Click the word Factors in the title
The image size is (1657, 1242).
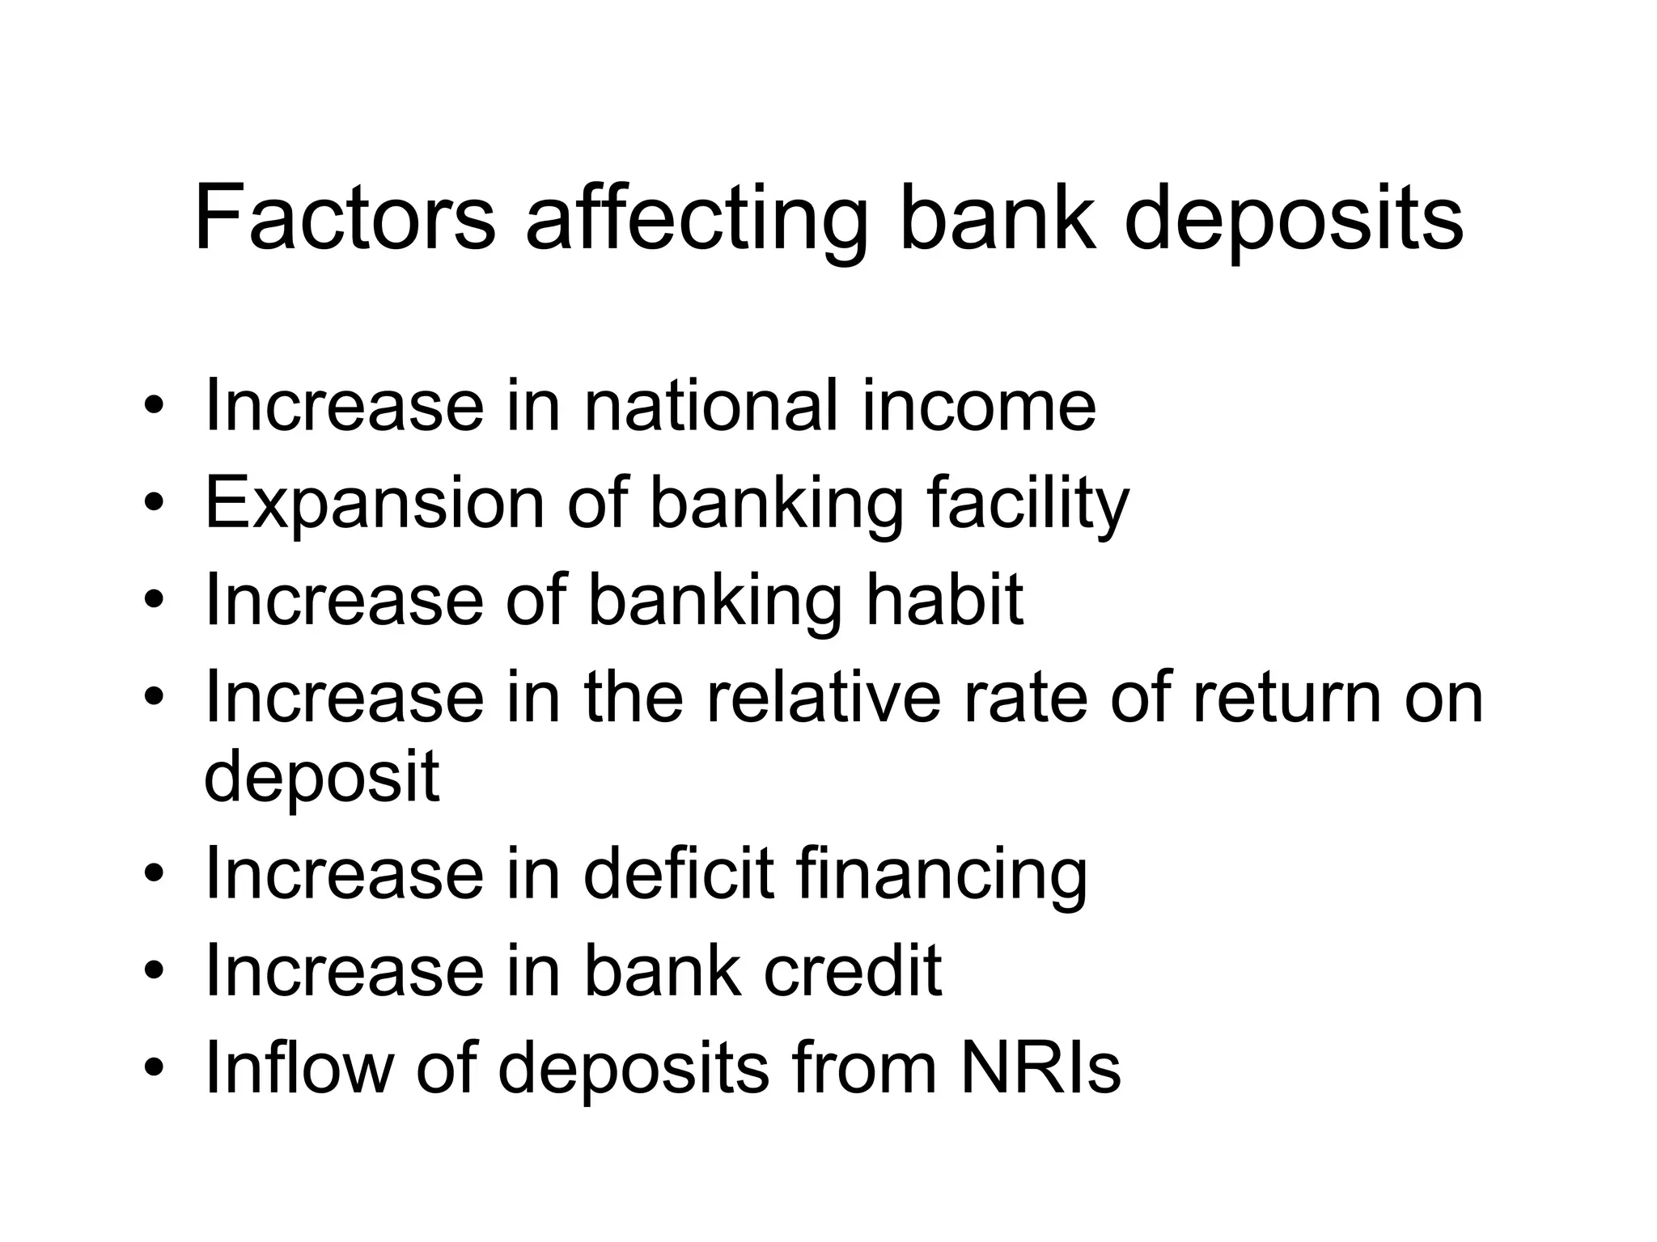click(345, 218)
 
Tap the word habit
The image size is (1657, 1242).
click(944, 599)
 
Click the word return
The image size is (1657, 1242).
click(1286, 696)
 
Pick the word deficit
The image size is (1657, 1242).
click(679, 874)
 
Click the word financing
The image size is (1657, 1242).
click(942, 877)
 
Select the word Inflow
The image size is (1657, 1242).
click(299, 1067)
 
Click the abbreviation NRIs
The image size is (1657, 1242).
click(1040, 1067)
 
